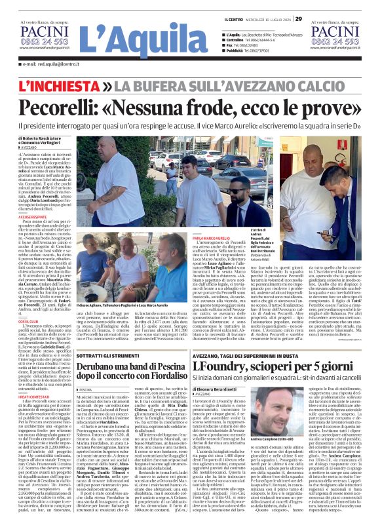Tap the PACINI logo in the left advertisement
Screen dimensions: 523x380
(x=43, y=31)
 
